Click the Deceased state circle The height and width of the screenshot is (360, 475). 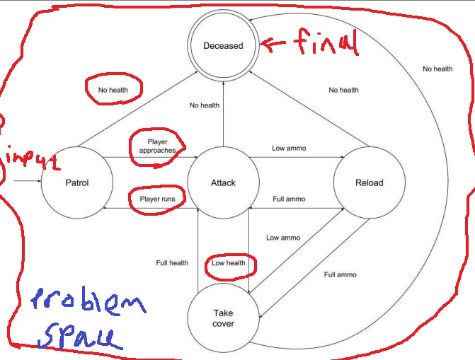point(223,46)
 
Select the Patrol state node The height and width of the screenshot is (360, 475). point(76,182)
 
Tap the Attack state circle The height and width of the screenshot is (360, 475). point(223,182)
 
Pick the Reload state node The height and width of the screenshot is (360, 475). point(369,182)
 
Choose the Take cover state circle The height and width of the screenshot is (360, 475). point(223,318)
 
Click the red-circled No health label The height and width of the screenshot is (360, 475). point(113,89)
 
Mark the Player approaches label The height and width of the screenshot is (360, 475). point(157,146)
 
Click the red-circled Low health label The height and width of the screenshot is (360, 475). point(229,263)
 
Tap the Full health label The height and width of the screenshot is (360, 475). point(172,263)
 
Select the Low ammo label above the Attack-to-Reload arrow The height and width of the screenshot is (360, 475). point(289,149)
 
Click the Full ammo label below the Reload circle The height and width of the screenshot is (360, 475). point(340,274)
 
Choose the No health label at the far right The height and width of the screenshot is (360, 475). point(437,69)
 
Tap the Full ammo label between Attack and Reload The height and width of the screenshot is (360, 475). point(289,199)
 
